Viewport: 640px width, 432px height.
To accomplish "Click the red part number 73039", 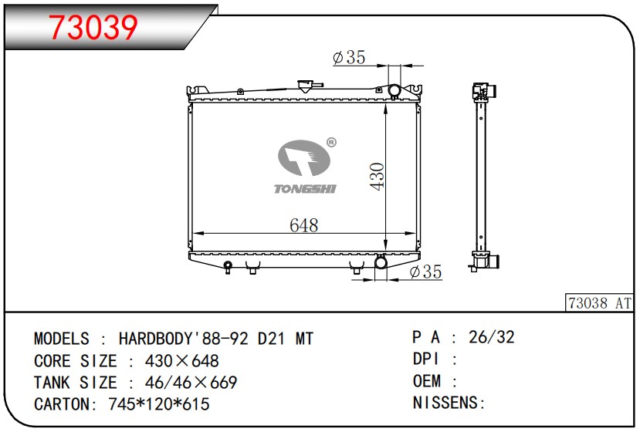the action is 93,27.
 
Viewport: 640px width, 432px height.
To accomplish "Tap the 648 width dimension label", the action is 303,225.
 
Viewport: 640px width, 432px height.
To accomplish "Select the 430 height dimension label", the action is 378,176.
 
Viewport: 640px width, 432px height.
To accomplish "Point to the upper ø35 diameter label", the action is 349,58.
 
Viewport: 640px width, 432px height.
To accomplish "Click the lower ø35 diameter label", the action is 425,272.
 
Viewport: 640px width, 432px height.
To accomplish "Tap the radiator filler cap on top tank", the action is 305,86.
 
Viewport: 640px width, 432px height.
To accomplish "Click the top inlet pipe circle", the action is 394,90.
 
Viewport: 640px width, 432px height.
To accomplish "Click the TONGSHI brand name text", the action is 305,188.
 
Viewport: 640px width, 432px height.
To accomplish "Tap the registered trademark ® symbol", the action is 331,143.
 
